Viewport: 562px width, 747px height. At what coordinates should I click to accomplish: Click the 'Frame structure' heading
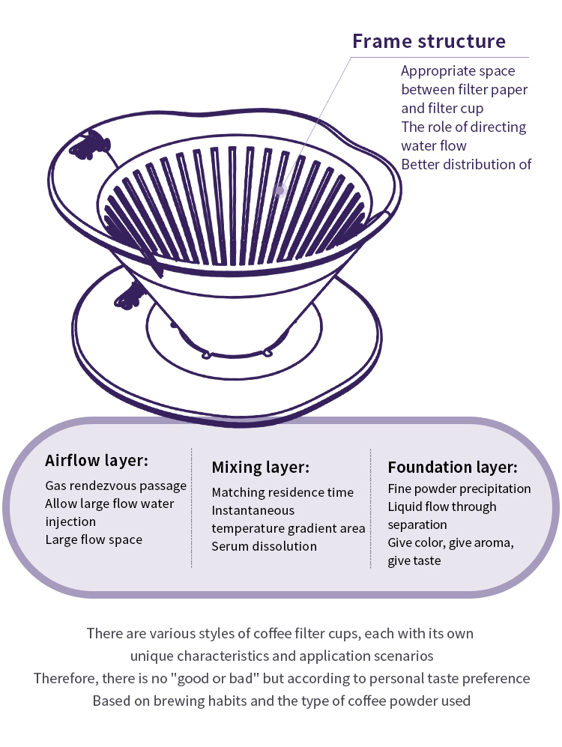pyautogui.click(x=429, y=41)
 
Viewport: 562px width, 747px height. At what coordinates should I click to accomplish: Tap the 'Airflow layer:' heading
pyautogui.click(x=97, y=461)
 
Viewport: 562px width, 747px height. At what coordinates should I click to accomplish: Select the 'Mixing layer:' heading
pyautogui.click(x=261, y=468)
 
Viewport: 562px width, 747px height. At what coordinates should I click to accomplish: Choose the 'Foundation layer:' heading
pyautogui.click(x=453, y=468)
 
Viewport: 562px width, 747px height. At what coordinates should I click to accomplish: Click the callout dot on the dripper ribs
pyautogui.click(x=280, y=190)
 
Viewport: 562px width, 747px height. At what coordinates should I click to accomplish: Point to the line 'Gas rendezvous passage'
pyautogui.click(x=115, y=486)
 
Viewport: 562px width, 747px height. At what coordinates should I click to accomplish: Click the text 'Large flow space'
pyautogui.click(x=94, y=539)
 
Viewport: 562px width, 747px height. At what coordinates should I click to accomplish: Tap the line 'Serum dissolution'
pyautogui.click(x=265, y=546)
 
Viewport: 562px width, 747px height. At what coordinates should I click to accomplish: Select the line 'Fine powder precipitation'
pyautogui.click(x=459, y=489)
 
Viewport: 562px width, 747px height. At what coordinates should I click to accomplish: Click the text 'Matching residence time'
pyautogui.click(x=283, y=492)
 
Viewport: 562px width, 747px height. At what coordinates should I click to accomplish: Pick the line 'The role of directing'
pyautogui.click(x=464, y=127)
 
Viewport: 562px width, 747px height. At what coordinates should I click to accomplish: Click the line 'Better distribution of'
pyautogui.click(x=466, y=164)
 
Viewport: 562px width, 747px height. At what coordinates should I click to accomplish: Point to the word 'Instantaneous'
pyautogui.click(x=253, y=511)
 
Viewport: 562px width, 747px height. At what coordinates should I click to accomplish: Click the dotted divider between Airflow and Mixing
pyautogui.click(x=192, y=508)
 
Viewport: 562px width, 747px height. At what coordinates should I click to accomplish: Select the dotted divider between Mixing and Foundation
pyautogui.click(x=370, y=508)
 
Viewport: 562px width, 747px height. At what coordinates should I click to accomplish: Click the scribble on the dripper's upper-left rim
pyautogui.click(x=91, y=145)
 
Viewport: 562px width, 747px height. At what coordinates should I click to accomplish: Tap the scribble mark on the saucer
pyautogui.click(x=130, y=296)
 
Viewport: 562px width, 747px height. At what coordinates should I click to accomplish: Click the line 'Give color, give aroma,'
pyautogui.click(x=450, y=543)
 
